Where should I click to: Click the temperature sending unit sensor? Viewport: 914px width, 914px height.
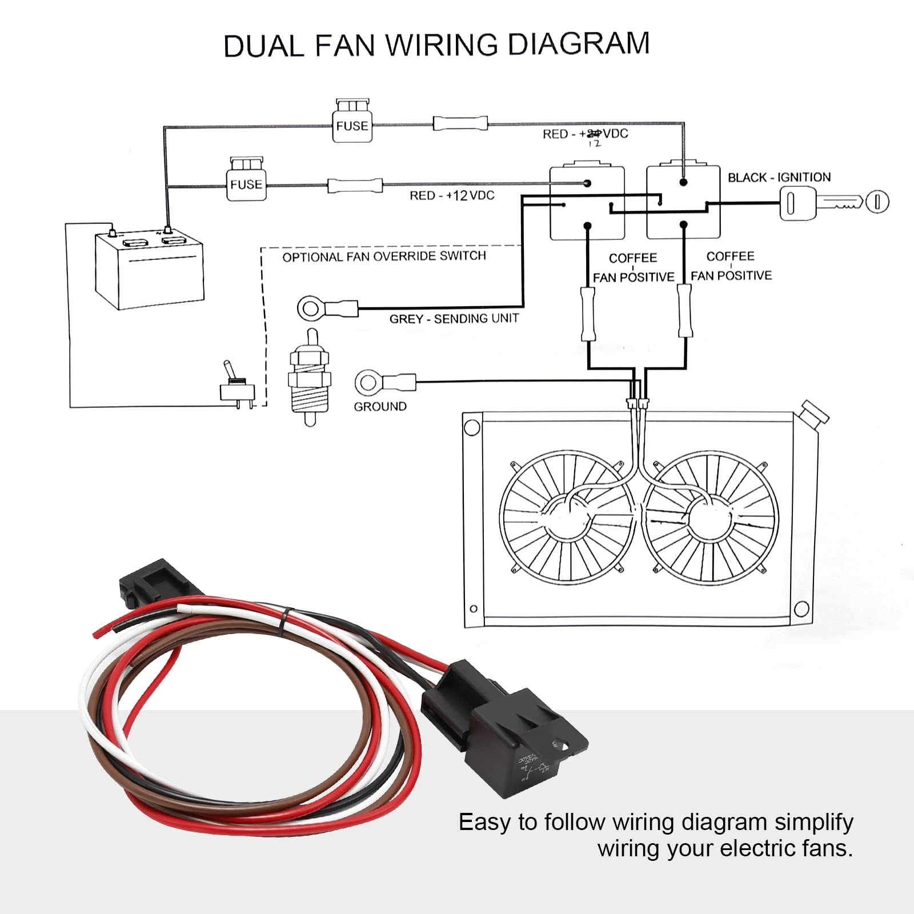(310, 377)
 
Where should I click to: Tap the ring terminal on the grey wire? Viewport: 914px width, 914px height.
(311, 309)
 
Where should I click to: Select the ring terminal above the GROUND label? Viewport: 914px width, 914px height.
(368, 383)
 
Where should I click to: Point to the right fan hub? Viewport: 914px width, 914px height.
(710, 517)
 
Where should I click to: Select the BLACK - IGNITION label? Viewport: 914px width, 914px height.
(779, 178)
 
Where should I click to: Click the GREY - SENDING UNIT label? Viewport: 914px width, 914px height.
(454, 319)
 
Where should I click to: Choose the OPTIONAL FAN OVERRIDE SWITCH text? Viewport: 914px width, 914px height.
(384, 256)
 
